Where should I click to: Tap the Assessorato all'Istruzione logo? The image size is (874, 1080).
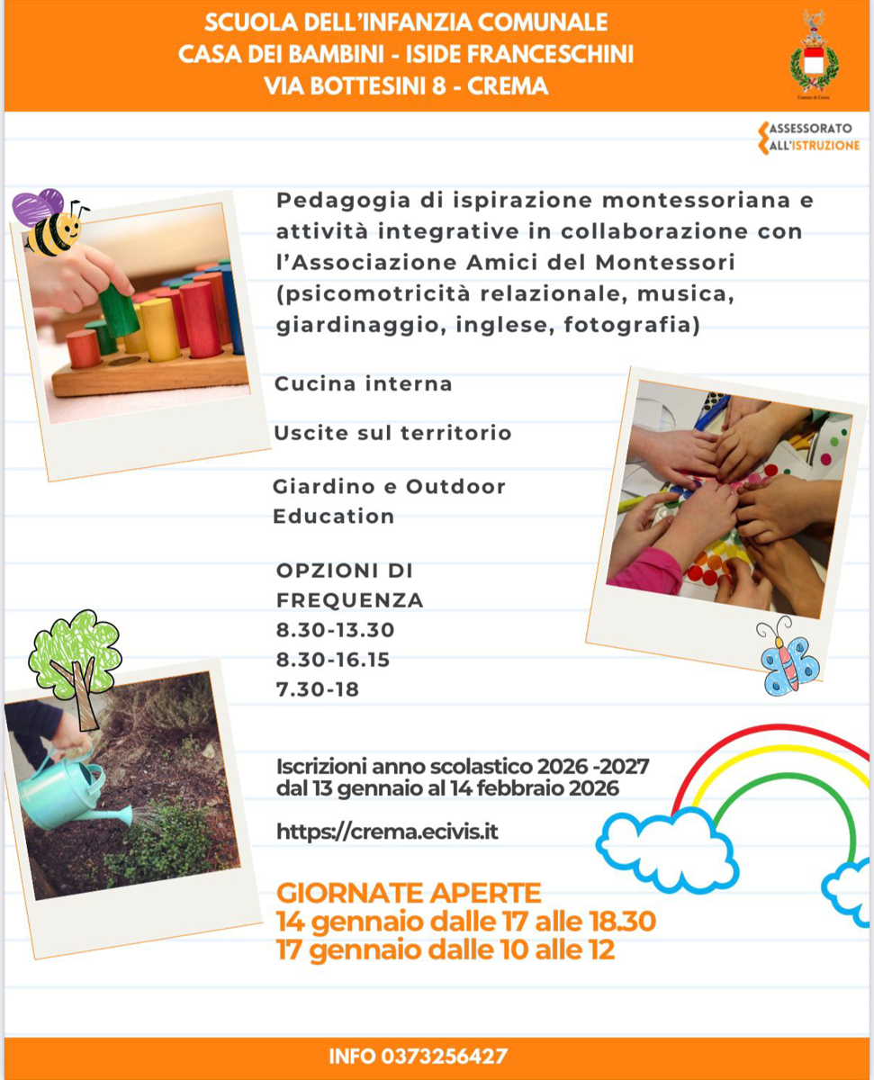click(x=809, y=137)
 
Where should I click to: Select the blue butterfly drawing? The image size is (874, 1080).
click(x=789, y=659)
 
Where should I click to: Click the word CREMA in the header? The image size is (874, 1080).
click(x=509, y=87)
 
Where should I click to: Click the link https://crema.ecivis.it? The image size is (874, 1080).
click(x=387, y=832)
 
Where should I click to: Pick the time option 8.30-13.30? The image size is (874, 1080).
click(x=336, y=630)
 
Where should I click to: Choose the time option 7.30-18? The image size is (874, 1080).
click(x=318, y=690)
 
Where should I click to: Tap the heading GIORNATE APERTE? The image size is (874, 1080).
click(x=410, y=893)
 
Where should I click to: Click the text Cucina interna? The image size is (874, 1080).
click(x=363, y=384)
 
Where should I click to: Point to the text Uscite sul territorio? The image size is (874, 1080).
click(x=392, y=433)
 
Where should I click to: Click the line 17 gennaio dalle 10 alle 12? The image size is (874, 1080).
click(x=446, y=949)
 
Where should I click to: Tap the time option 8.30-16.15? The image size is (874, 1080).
click(x=333, y=660)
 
